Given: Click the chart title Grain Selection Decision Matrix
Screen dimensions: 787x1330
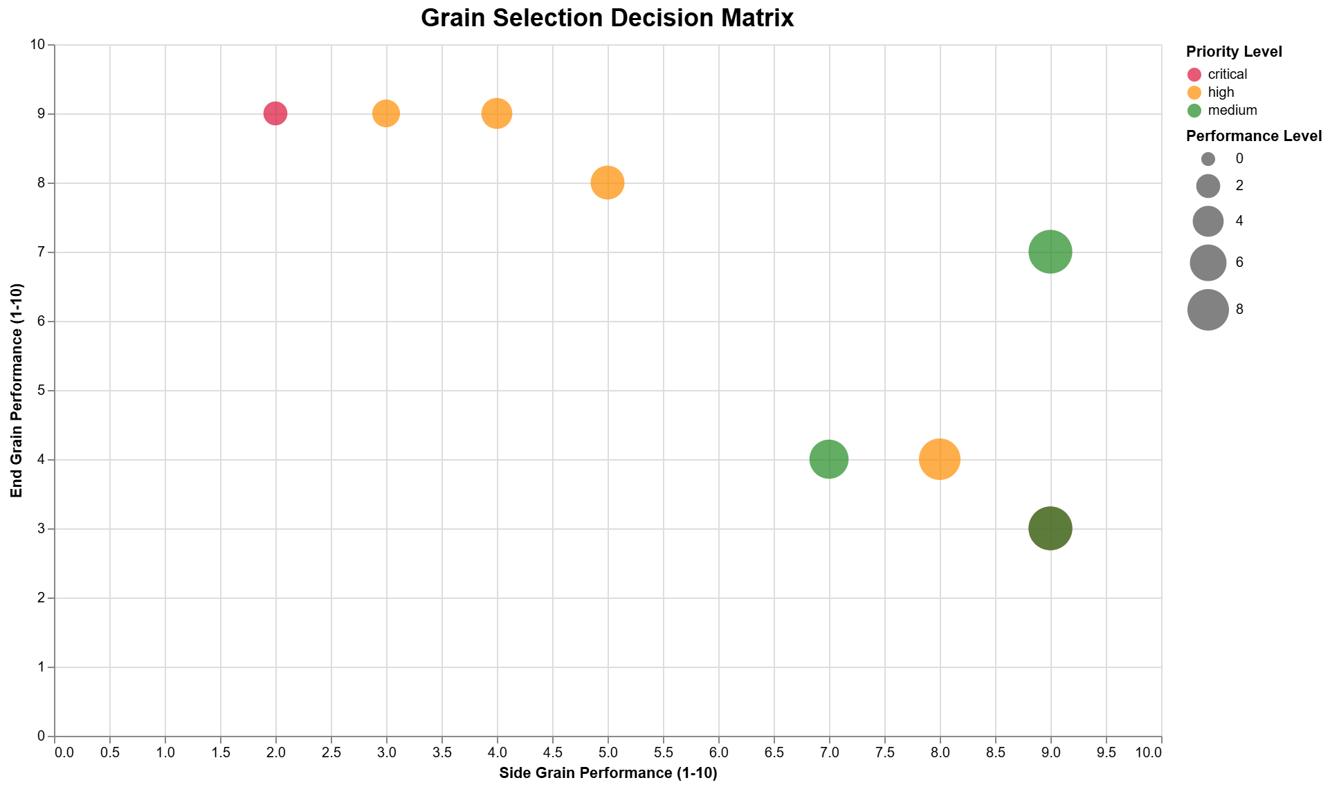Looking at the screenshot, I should [607, 18].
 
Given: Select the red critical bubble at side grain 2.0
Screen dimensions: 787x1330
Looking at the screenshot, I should [275, 113].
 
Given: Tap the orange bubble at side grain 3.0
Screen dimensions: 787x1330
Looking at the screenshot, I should [386, 113].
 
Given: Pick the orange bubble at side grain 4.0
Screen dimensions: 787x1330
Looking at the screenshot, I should [497, 113].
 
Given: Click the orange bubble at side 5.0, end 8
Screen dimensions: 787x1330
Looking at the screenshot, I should [608, 183].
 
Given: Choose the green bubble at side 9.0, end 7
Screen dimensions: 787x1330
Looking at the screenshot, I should [1050, 252].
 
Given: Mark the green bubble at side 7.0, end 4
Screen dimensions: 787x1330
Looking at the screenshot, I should [829, 459].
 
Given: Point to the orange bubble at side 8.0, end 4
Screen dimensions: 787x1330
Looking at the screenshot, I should [940, 459].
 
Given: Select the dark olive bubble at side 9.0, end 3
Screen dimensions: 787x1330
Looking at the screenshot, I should [1050, 528].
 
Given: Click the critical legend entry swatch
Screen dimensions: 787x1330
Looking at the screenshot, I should [1194, 75].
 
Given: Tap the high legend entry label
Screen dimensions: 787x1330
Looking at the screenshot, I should [1221, 93].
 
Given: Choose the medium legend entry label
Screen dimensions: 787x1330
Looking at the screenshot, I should [1232, 111].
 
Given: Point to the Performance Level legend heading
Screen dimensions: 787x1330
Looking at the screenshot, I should [1254, 136].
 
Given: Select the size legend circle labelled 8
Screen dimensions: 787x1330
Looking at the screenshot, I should [1208, 310].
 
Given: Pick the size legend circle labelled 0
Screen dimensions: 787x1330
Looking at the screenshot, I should [1208, 159].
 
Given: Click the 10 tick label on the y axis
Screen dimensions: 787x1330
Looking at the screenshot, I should [38, 45].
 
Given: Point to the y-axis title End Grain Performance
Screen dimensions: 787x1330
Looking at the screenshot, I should [17, 390].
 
